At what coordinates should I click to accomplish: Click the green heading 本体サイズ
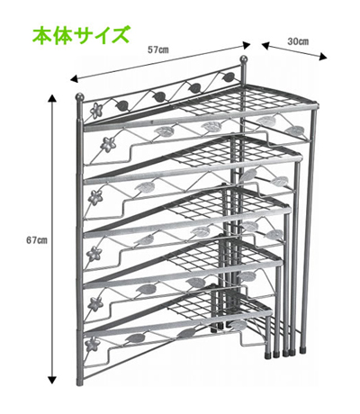(x=81, y=35)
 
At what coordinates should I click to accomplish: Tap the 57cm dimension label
(x=158, y=49)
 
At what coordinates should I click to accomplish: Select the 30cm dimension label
(x=298, y=41)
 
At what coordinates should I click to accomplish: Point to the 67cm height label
(x=37, y=240)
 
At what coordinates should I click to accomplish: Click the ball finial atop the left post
(x=79, y=96)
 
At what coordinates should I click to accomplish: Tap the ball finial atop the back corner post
(x=244, y=58)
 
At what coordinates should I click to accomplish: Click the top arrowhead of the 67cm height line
(x=52, y=98)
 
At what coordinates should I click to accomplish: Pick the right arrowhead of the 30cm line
(x=323, y=57)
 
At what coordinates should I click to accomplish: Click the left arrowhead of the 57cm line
(x=74, y=79)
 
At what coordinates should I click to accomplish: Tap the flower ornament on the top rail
(x=95, y=110)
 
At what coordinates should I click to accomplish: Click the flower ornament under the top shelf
(x=108, y=144)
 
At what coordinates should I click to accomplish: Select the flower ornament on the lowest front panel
(x=92, y=344)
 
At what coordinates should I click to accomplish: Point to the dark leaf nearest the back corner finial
(x=229, y=77)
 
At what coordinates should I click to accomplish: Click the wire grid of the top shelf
(x=237, y=101)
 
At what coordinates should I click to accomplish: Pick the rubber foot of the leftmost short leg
(x=267, y=355)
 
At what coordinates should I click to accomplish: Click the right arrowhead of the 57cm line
(x=247, y=45)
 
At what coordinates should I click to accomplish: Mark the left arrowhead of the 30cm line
(x=265, y=45)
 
